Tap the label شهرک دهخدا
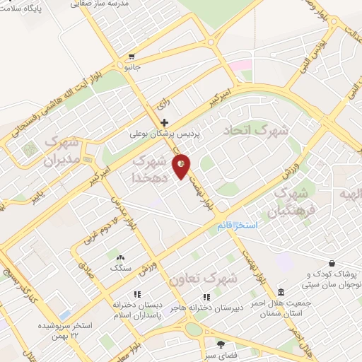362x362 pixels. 152,170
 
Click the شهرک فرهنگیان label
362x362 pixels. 290,202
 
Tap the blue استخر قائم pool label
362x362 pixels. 239,224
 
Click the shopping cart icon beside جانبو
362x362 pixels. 132,57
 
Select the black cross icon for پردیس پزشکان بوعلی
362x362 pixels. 165,123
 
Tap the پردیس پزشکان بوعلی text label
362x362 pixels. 165,133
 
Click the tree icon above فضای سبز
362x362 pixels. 221,344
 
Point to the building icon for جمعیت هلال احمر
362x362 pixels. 281,293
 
